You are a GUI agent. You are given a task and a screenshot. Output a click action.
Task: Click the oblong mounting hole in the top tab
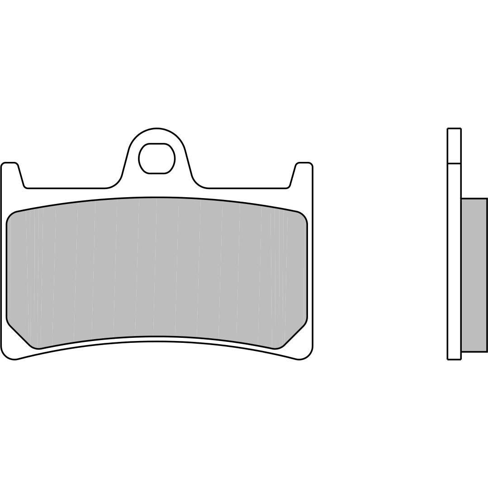[156, 158]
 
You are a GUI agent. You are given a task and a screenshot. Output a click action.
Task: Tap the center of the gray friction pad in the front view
[156, 271]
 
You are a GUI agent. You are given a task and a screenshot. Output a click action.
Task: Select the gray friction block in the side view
[474, 275]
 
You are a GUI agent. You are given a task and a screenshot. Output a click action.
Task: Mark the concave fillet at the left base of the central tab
[115, 184]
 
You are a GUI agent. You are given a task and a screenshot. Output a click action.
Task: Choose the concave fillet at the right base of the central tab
[198, 184]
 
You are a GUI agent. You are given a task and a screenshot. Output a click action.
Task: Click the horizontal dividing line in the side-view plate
[454, 163]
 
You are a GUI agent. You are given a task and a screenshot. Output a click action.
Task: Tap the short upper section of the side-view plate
[454, 146]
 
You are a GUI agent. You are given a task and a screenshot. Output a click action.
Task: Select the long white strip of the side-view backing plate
[454, 262]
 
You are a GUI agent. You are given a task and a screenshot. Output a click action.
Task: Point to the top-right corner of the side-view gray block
[487, 199]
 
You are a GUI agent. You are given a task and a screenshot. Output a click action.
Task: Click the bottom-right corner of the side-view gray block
[487, 351]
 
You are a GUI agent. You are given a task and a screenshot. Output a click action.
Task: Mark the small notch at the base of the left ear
[26, 186]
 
